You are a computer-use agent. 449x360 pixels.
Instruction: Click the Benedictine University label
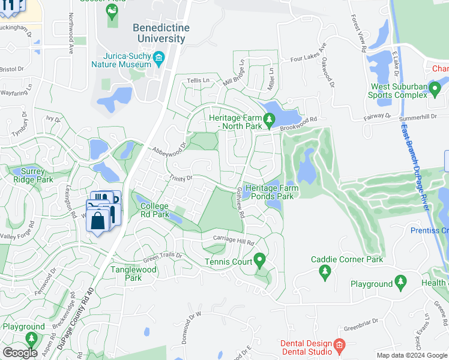tap(161, 34)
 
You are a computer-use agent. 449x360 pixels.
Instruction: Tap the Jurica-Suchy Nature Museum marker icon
tap(158, 58)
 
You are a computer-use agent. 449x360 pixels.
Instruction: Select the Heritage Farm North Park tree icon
tap(269, 122)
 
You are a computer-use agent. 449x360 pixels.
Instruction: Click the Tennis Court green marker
tap(259, 260)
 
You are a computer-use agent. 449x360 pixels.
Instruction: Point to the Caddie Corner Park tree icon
tap(325, 272)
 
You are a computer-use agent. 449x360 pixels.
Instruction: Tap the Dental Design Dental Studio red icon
tap(339, 345)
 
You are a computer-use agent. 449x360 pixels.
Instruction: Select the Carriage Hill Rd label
tap(234, 241)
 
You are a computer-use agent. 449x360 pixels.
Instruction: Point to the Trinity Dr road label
tap(180, 178)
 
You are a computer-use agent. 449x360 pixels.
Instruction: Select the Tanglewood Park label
tap(134, 274)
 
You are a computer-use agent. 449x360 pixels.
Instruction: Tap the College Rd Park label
tap(155, 210)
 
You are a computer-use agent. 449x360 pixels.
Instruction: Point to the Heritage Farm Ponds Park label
tap(272, 192)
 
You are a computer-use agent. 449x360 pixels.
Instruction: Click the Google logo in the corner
tap(20, 353)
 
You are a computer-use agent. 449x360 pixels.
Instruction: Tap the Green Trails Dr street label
tap(163, 256)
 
